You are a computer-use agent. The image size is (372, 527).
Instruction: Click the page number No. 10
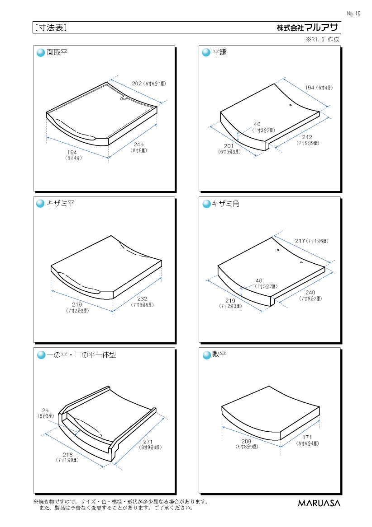click(x=353, y=14)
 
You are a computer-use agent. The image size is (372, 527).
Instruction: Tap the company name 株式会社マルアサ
click(x=307, y=28)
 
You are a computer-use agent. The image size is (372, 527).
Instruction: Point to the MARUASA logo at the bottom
click(x=319, y=503)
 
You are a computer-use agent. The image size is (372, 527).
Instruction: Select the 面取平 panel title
click(x=57, y=52)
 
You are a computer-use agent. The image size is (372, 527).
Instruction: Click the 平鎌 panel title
click(x=219, y=52)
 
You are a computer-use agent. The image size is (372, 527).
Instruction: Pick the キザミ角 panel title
click(x=225, y=204)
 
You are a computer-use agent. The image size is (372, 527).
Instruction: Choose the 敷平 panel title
click(x=219, y=354)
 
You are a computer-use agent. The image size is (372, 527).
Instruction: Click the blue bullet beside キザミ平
click(x=40, y=204)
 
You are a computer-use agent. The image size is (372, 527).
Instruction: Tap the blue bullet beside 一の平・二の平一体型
click(x=41, y=355)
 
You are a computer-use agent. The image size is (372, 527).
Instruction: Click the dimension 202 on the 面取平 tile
click(x=137, y=84)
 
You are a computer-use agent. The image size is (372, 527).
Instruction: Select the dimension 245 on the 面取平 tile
click(x=138, y=145)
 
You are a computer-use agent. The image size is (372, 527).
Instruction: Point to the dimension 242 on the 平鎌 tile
click(x=307, y=137)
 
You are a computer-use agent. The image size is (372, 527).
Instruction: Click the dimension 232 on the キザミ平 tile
click(x=142, y=298)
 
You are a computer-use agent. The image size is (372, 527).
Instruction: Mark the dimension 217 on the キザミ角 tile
click(x=300, y=241)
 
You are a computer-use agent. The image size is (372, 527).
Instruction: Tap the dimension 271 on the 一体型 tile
click(x=148, y=442)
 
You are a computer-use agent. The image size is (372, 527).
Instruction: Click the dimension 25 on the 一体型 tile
click(x=46, y=410)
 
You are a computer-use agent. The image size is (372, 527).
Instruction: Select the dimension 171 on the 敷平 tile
click(x=307, y=437)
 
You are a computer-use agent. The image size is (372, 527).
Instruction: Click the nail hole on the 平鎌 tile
click(x=290, y=105)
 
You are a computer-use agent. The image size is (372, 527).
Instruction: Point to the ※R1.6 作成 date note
click(x=323, y=39)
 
